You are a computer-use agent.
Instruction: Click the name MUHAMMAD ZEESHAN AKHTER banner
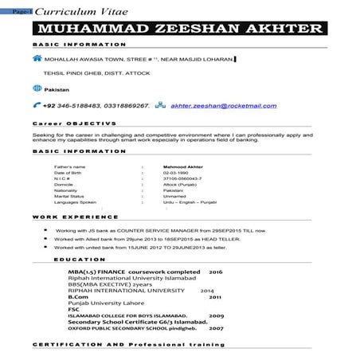click(178, 29)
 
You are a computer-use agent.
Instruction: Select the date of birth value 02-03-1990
click(176, 173)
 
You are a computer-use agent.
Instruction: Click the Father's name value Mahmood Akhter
click(183, 166)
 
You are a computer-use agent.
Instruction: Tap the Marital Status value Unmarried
click(176, 196)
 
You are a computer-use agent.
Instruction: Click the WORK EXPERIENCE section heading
click(75, 217)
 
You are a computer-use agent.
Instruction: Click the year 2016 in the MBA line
click(215, 272)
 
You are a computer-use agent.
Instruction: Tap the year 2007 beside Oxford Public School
click(216, 327)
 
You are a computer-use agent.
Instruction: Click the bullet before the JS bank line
click(45, 229)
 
